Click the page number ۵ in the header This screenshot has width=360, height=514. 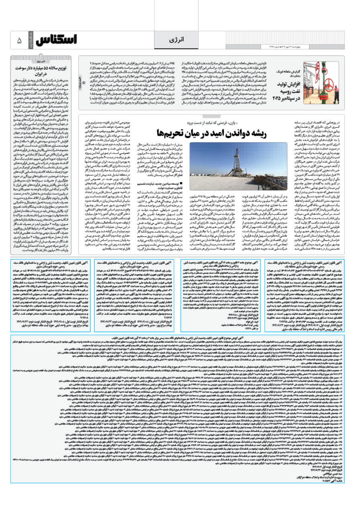tap(19, 41)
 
